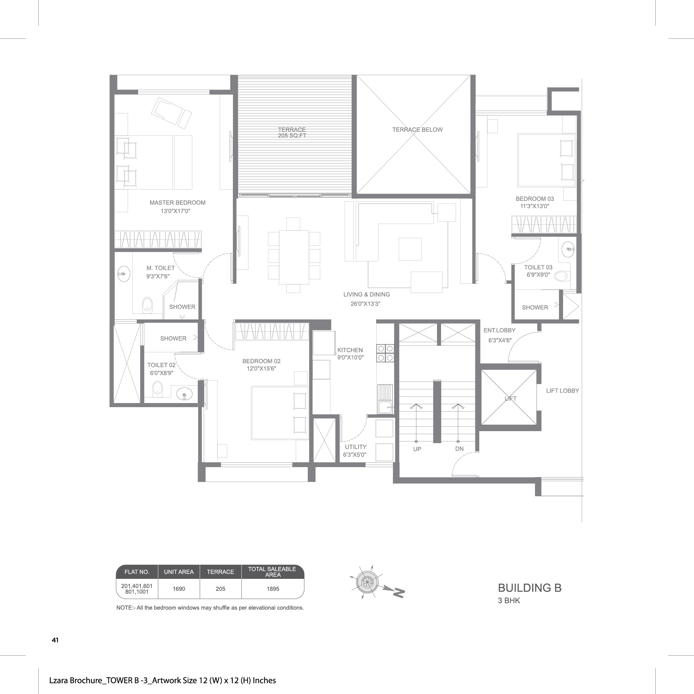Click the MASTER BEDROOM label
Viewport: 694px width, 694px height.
(x=178, y=203)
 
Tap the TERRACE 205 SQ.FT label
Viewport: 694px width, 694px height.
(x=292, y=133)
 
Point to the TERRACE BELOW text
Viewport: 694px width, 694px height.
(x=417, y=130)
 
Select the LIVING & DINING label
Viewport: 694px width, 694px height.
(x=366, y=294)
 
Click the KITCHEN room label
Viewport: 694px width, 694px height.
(x=350, y=350)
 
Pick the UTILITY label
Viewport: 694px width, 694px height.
(x=356, y=447)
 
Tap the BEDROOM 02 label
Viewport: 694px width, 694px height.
(x=261, y=361)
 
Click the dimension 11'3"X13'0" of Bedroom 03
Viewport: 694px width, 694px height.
(x=535, y=206)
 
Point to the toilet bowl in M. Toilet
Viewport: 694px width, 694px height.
(x=147, y=305)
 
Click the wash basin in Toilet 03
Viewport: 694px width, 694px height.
(x=568, y=249)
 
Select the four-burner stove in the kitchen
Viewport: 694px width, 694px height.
(x=385, y=353)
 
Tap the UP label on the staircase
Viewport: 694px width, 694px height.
(x=417, y=449)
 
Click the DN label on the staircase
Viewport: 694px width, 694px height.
(x=459, y=449)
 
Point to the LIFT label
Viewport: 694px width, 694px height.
(x=510, y=399)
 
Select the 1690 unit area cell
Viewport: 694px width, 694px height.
(x=179, y=589)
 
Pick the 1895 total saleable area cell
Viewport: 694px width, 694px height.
(x=273, y=589)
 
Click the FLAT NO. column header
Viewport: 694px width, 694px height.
(x=137, y=572)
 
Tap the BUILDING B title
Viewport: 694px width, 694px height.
(x=529, y=588)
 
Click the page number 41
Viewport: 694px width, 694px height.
(x=55, y=640)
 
